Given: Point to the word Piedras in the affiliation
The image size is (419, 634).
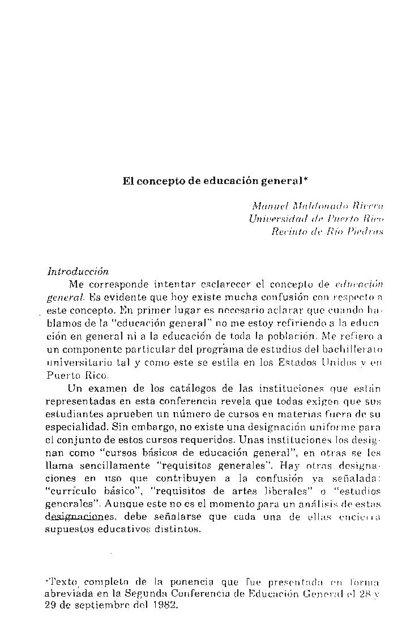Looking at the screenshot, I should [366, 231].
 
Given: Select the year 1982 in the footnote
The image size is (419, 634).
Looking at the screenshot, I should [164, 605].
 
